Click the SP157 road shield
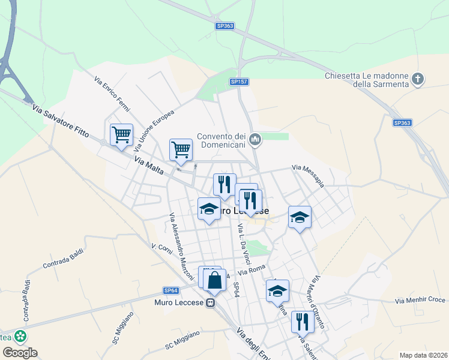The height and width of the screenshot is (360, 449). pyautogui.click(x=238, y=81)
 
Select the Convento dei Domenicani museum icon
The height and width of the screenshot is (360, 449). pyautogui.click(x=255, y=140)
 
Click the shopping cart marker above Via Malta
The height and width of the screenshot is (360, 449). pyautogui.click(x=181, y=149)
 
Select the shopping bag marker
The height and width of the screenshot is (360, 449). pyautogui.click(x=215, y=280)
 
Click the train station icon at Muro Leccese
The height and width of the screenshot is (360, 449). pyautogui.click(x=211, y=304)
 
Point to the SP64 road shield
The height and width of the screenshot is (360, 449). pyautogui.click(x=170, y=290)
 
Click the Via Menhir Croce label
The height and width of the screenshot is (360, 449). pyautogui.click(x=420, y=299)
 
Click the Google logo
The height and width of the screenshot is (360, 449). pyautogui.click(x=19, y=352)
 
